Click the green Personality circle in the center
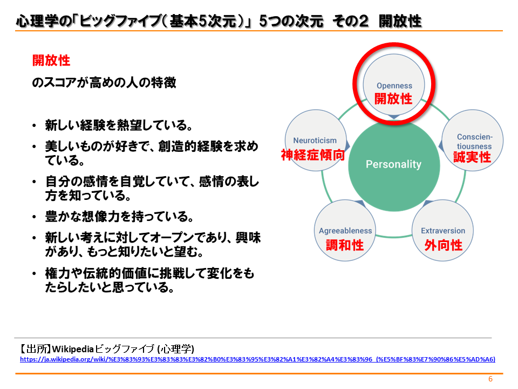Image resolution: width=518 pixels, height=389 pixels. pos(394,165)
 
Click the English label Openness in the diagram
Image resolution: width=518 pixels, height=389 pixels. pos(394,86)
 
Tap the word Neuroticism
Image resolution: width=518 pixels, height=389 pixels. pos(315,140)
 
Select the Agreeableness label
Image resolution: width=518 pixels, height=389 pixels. pos(345,231)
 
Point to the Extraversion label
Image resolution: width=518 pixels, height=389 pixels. pos(442,231)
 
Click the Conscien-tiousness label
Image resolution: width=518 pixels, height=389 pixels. pos(474,142)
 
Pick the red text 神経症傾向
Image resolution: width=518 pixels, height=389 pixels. pos(313,155)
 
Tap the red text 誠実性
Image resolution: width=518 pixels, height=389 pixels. pos(472,157)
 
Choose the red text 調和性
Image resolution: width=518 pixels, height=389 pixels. pos(345,245)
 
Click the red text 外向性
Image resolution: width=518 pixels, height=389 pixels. pos(444,245)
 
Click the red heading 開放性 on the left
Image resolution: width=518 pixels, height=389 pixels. pos(51,61)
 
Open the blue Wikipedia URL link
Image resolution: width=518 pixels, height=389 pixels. pos(258,359)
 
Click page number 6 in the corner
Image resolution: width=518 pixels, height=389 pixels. pos(490,379)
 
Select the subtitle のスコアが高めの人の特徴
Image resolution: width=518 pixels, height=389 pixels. pos(104,82)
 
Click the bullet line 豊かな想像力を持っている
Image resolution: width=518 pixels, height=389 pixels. pos(119,217)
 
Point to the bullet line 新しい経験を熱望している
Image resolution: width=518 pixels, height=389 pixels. pos(119,125)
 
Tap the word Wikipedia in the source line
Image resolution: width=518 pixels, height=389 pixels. pos(73,349)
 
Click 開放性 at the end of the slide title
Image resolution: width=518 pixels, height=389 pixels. pos(400,21)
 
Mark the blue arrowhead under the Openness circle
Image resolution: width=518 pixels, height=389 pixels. pos(394,117)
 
